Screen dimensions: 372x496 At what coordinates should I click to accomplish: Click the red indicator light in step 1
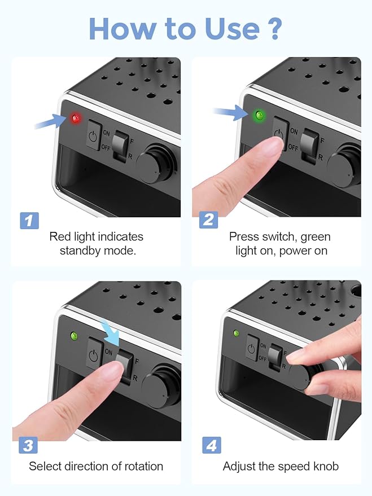tap(76, 119)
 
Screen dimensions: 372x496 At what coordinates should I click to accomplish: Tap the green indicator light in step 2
tap(260, 115)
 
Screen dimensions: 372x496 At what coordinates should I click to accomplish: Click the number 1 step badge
tap(29, 221)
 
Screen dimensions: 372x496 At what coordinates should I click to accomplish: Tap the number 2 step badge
tap(208, 220)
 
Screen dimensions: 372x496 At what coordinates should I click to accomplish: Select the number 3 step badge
tap(28, 445)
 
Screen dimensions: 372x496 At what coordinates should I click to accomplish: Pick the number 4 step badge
tap(211, 445)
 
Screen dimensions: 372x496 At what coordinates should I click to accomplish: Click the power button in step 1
tap(94, 135)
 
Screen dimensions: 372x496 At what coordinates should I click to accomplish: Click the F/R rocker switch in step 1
tap(121, 146)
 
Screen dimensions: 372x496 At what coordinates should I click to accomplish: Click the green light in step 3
tap(75, 336)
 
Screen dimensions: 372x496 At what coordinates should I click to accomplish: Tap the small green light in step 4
tap(236, 333)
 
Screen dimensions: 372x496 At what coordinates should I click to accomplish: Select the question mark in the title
tap(272, 29)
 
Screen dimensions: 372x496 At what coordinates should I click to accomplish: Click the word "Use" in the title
tap(232, 29)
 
